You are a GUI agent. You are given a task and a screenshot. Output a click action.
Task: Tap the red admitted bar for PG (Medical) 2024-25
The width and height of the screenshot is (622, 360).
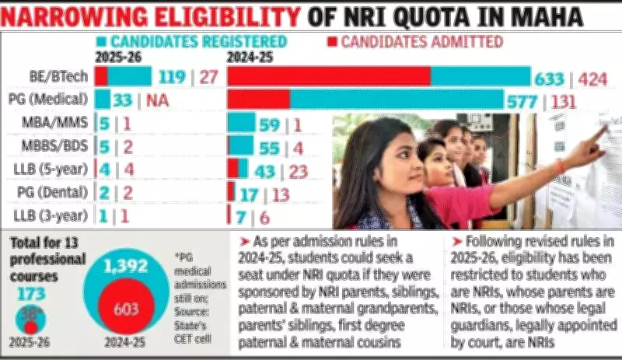258,100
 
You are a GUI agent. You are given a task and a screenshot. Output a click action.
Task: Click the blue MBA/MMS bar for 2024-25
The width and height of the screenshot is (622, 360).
241,123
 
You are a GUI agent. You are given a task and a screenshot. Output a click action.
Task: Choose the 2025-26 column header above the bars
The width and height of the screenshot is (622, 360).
118,57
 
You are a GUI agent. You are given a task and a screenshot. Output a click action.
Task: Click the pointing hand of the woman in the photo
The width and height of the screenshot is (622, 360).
596,135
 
